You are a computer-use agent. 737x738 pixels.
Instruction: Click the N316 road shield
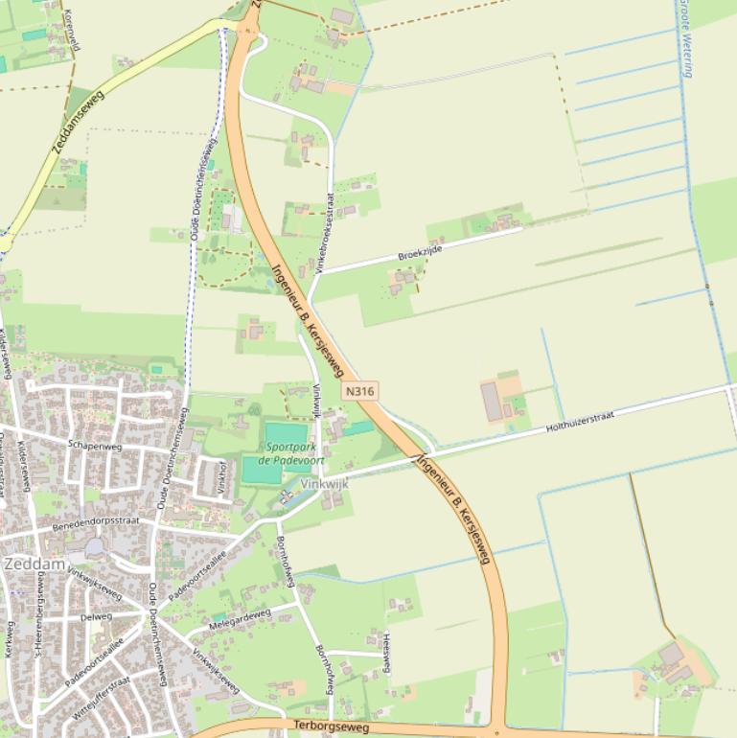[359, 391]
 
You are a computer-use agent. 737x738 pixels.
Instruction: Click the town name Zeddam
[34, 565]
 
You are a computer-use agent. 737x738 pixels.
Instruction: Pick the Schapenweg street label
[95, 446]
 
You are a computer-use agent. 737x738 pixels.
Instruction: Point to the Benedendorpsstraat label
[96, 521]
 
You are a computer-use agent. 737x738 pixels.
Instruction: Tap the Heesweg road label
[386, 652]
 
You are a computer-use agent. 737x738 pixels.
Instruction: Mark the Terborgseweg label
[332, 727]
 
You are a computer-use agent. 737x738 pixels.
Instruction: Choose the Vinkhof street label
[221, 475]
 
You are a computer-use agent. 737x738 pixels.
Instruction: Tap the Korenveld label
[71, 29]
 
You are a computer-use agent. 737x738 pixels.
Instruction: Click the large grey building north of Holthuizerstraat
[492, 402]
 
